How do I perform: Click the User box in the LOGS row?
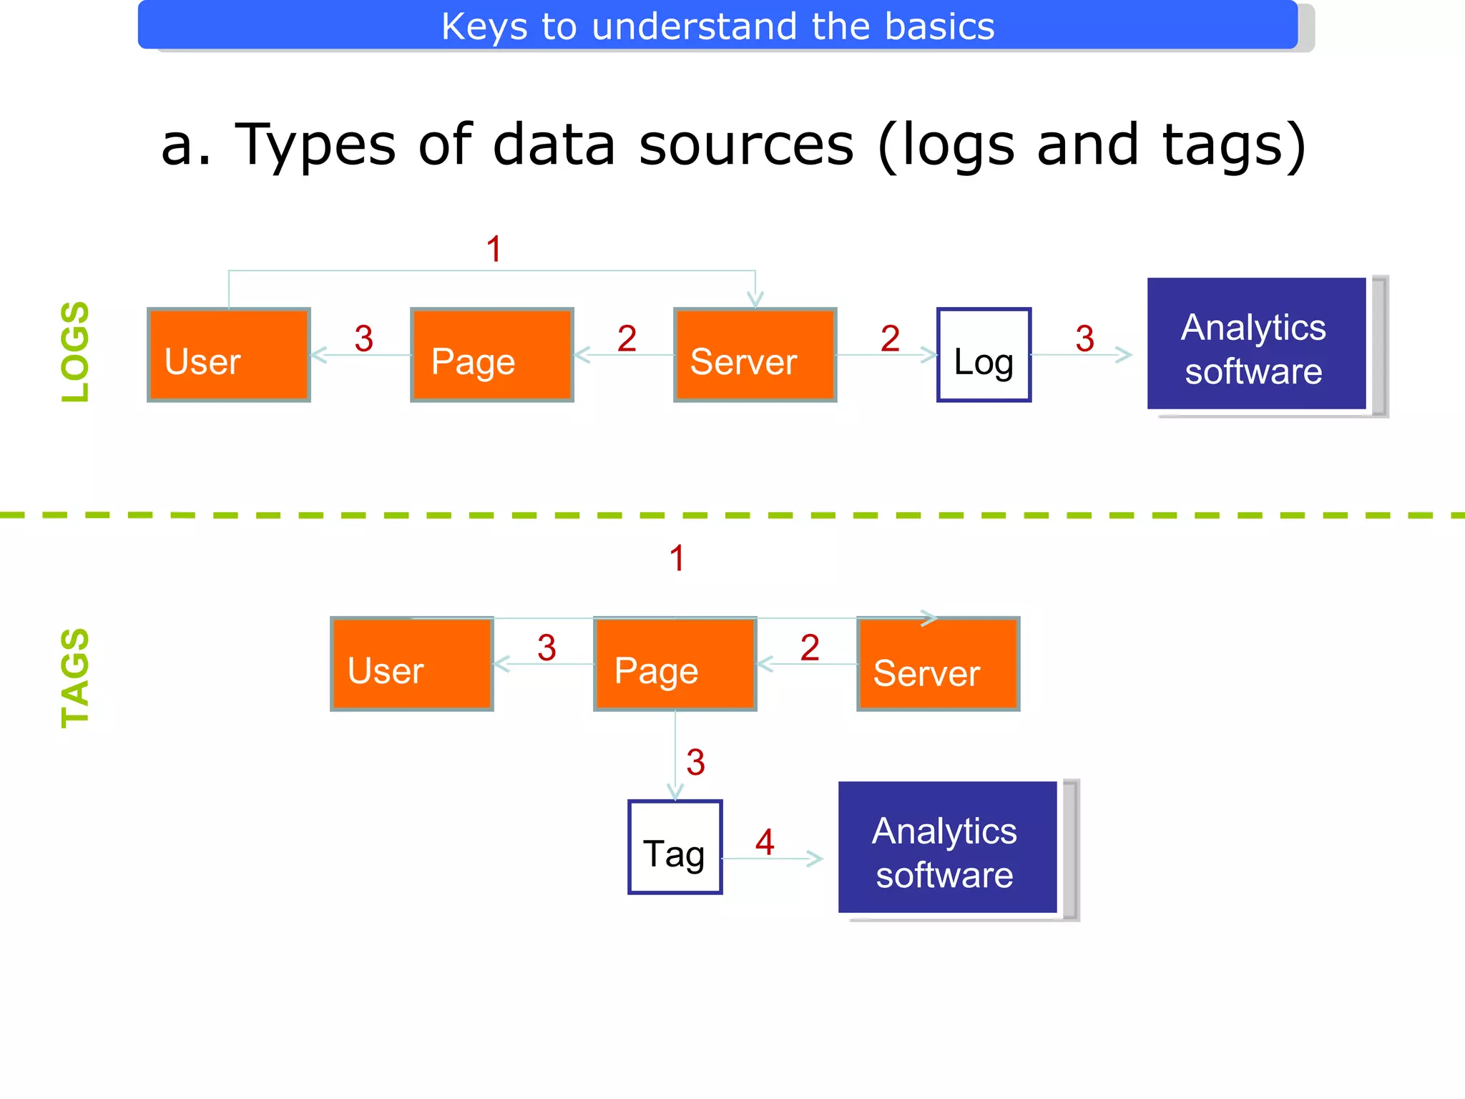click(228, 355)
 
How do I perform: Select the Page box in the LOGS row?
click(491, 355)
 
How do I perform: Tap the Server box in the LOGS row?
click(755, 355)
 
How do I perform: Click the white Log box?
click(984, 355)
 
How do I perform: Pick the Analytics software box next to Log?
click(1256, 344)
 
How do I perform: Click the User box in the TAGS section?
click(411, 664)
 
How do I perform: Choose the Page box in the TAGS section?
click(675, 664)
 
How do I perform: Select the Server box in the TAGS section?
click(938, 664)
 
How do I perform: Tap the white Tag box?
click(675, 847)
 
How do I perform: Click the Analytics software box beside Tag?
click(947, 848)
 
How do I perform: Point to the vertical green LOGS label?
click(75, 351)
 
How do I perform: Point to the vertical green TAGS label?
click(75, 678)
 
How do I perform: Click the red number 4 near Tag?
click(765, 842)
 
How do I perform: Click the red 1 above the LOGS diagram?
click(494, 249)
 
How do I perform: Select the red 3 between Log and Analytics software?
click(1084, 338)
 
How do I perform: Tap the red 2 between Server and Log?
click(890, 338)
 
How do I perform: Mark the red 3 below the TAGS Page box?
click(695, 762)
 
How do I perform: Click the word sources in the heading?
click(746, 145)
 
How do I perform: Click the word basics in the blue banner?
click(939, 26)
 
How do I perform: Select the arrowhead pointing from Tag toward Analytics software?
click(815, 859)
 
